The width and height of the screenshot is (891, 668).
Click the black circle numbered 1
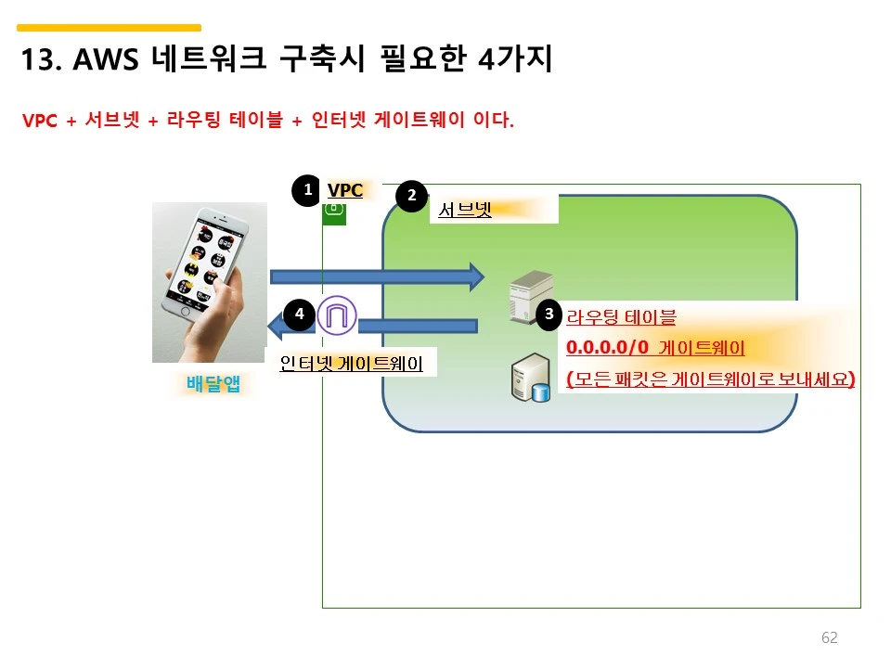[x=306, y=190]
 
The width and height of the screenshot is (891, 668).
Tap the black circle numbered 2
[x=411, y=196]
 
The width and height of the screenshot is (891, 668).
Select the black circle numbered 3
[x=549, y=315]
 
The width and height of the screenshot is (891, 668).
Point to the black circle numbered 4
[x=299, y=315]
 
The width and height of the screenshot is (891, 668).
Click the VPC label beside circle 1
[x=345, y=190]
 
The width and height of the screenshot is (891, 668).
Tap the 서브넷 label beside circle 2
[x=464, y=210]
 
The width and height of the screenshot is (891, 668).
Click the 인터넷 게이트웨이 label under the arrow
[x=351, y=364]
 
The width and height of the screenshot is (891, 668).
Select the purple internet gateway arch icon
[x=337, y=315]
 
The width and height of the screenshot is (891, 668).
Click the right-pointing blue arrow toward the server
[x=377, y=276]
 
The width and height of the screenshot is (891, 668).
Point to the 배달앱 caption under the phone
[x=213, y=383]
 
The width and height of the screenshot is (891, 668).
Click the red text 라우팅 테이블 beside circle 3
[x=621, y=317]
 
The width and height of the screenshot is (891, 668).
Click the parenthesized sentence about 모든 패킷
[x=710, y=379]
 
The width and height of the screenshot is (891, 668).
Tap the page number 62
[x=830, y=637]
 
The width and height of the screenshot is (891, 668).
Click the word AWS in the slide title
[x=105, y=61]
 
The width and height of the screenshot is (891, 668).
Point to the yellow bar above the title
[x=109, y=28]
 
